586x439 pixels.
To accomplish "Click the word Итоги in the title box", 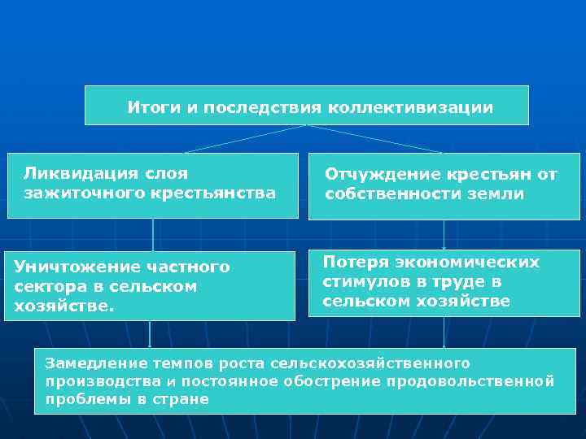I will tap(149, 107).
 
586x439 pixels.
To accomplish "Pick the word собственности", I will tap(390, 194).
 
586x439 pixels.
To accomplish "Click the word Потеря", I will tap(355, 262).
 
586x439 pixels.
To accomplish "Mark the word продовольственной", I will tap(474, 380).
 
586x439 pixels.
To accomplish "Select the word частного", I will tap(189, 267).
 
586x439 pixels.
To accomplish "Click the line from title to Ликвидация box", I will tap(244, 139).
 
